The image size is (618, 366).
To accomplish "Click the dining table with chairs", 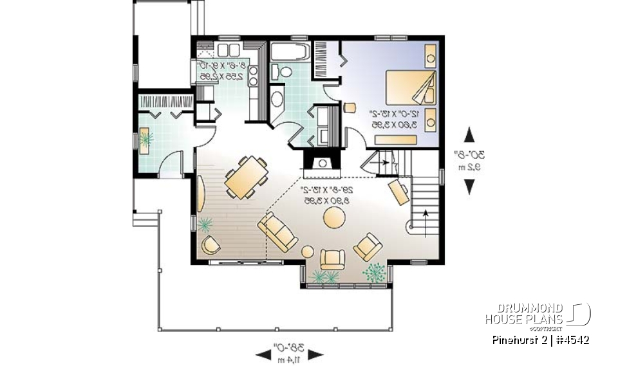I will [x=246, y=176].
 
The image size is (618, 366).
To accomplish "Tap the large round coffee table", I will [x=335, y=217].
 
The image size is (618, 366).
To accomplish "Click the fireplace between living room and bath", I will [x=320, y=162].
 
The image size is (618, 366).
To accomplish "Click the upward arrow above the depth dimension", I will [x=469, y=136].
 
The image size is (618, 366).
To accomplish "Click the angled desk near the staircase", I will [x=398, y=191].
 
